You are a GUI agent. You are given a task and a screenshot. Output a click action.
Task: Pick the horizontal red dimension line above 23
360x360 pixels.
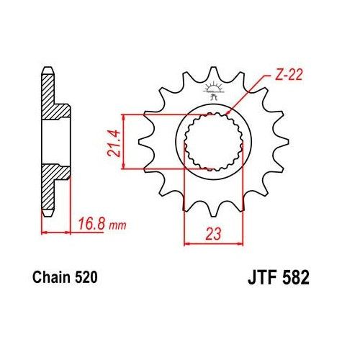click(211, 243)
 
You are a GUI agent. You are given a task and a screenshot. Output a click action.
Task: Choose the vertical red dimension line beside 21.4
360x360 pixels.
click(124, 141)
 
